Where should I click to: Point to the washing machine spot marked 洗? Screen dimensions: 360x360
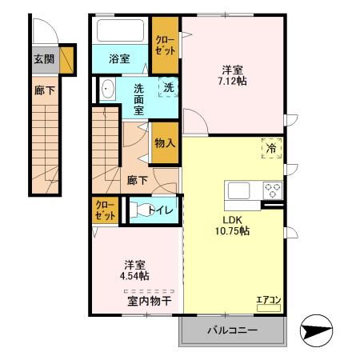point(168,87)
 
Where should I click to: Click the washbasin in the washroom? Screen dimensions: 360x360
point(109,88)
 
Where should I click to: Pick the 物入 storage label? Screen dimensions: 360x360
point(165,143)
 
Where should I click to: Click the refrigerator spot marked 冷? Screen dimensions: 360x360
point(270,148)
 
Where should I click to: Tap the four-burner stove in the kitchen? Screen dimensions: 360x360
point(272,190)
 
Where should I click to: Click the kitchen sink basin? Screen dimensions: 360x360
point(239,190)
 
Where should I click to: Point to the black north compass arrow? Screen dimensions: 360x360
point(314,331)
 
